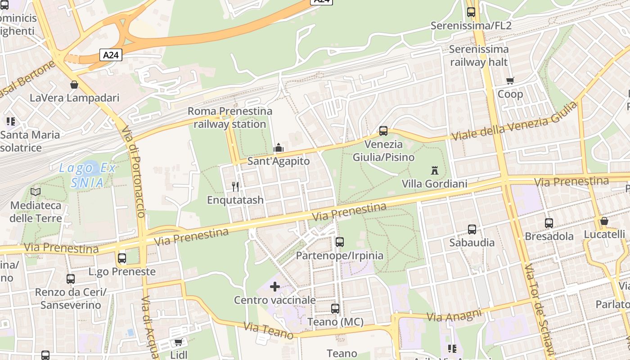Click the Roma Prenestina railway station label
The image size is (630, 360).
tap(229, 117)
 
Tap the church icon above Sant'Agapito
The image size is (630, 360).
tap(279, 148)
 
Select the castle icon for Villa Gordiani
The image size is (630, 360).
tap(435, 171)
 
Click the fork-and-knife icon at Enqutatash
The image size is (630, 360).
tap(235, 186)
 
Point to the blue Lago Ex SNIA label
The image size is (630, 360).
tap(87, 175)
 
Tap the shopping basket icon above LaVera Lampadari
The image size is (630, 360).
tap(74, 85)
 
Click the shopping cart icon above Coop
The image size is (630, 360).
tap(510, 81)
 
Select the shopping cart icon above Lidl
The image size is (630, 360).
tap(178, 342)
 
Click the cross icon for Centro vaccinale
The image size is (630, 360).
tap(274, 287)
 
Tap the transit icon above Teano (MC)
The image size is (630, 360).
tap(335, 309)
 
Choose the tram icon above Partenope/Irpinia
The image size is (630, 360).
tap(340, 242)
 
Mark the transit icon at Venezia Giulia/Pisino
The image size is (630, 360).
tap(383, 131)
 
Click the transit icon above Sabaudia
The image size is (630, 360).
tap(472, 229)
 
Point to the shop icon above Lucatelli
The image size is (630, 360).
tap(604, 221)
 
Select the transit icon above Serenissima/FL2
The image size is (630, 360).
tap(471, 12)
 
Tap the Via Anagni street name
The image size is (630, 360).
tap(454, 315)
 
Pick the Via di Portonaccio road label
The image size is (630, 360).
tap(135, 171)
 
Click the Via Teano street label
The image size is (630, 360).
tap(268, 330)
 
